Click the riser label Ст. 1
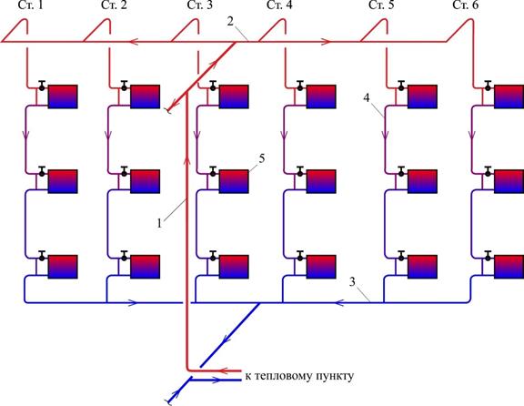point(32,5)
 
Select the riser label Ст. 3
point(200,5)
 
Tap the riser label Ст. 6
point(466,5)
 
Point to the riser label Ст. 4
point(279,5)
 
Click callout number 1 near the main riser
point(159,223)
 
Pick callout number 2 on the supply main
point(230,22)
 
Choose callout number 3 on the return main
point(352,282)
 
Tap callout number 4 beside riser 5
point(367,98)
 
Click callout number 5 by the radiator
point(262,158)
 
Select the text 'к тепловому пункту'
point(299,376)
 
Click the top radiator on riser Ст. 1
point(63,96)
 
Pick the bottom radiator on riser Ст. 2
point(145,267)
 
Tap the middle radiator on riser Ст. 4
point(321,181)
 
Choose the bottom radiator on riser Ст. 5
point(422,267)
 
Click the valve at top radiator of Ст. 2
point(125,86)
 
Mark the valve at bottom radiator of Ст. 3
point(213,256)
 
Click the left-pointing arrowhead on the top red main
point(134,42)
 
